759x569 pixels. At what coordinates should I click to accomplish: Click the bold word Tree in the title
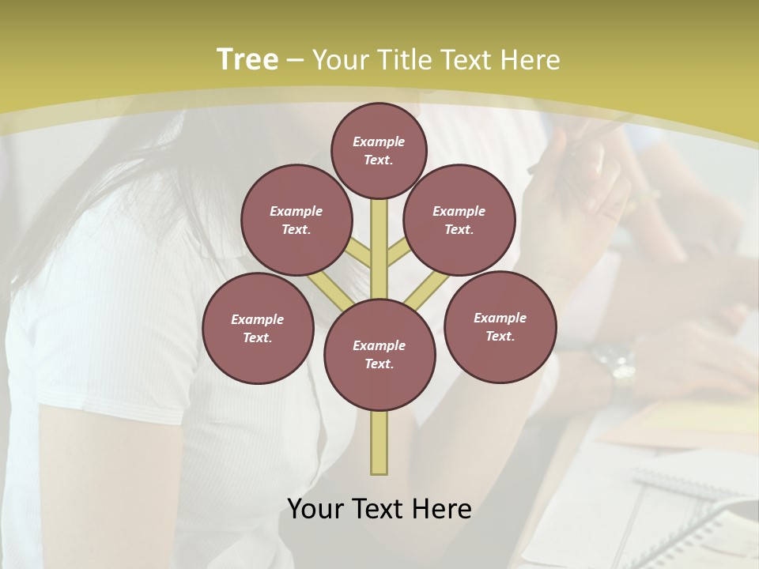247,59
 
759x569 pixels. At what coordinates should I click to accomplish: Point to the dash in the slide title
295,60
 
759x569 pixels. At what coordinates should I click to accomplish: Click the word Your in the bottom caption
314,509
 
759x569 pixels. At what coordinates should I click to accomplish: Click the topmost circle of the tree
379,150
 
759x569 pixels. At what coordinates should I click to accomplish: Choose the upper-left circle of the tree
296,220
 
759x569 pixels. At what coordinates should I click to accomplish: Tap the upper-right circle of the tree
459,220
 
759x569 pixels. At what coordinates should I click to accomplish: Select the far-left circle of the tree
258,328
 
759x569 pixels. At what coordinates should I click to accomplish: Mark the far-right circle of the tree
500,326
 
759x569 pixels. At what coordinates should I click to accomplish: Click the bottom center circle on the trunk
379,355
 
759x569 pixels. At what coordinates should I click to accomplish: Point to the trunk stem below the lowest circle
379,443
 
